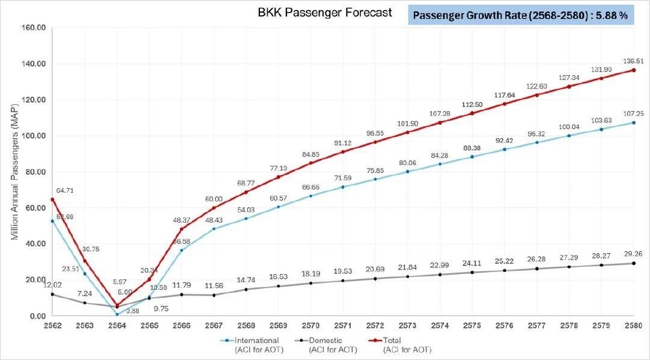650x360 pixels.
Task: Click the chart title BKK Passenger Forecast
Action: [324, 13]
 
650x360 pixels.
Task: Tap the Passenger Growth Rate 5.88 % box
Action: [520, 15]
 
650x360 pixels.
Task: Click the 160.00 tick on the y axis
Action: [32, 28]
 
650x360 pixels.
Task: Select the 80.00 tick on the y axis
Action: [32, 172]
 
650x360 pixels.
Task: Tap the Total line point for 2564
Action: [117, 306]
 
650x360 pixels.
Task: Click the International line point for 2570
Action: [311, 196]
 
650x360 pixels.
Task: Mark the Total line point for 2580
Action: [634, 70]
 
